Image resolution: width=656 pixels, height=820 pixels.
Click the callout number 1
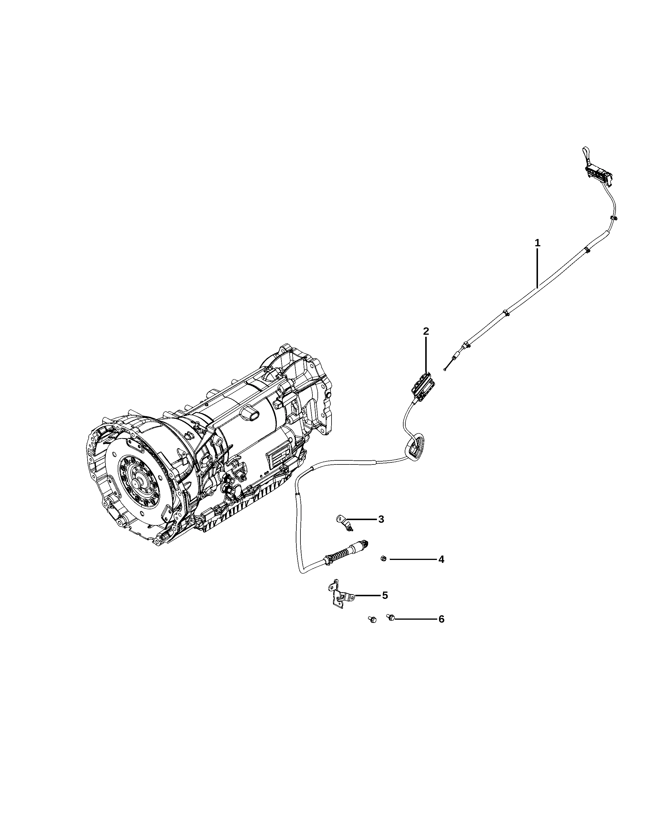(x=537, y=243)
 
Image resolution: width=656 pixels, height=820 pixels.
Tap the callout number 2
(x=426, y=331)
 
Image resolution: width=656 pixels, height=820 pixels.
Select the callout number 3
(x=381, y=519)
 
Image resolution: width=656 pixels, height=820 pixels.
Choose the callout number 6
(x=441, y=619)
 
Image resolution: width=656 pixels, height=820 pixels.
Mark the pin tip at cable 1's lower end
(x=444, y=369)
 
